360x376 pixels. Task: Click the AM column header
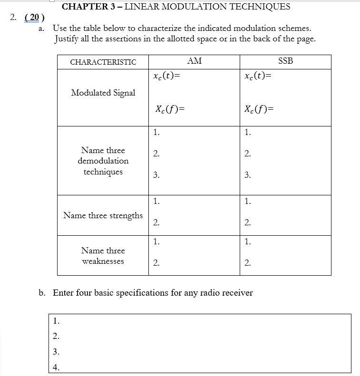click(194, 61)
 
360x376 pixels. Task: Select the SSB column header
click(285, 61)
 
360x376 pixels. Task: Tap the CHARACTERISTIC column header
click(103, 62)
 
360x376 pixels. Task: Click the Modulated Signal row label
click(103, 93)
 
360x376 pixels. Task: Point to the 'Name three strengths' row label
click(103, 215)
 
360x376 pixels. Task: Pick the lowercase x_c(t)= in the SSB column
click(257, 76)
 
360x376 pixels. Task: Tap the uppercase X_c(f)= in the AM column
click(169, 109)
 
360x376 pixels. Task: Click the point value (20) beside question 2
click(34, 18)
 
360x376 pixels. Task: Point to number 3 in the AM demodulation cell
click(156, 175)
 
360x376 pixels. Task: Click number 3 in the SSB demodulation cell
click(247, 175)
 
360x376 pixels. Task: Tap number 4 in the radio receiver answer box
click(56, 367)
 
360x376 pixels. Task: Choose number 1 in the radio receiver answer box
click(56, 321)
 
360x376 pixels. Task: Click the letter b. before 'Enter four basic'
click(42, 293)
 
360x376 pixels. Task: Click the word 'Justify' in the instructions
click(66, 39)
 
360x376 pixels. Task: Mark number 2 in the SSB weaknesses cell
click(247, 263)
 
